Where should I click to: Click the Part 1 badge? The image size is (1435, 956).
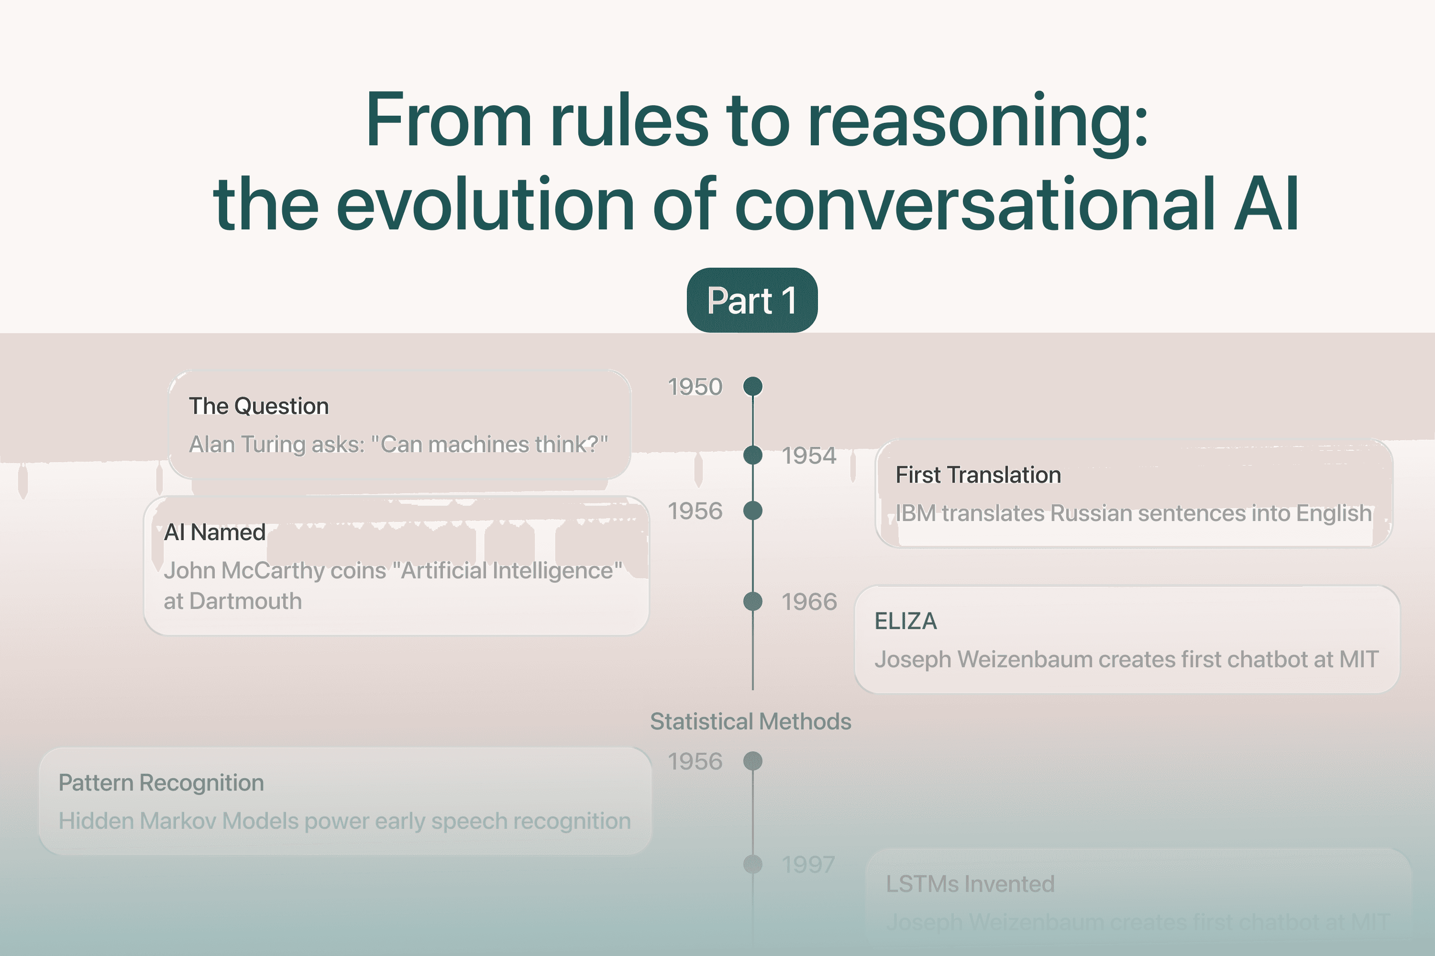(751, 301)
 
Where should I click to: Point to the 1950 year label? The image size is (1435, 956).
(695, 387)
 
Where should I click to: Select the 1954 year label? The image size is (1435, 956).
(809, 456)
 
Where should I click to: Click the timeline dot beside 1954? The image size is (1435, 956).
(753, 456)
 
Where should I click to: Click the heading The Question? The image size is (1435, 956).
(259, 406)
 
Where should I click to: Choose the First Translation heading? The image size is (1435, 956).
(978, 475)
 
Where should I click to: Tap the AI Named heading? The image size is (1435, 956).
(215, 532)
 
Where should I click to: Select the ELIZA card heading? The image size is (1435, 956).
(905, 621)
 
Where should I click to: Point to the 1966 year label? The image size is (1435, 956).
(809, 602)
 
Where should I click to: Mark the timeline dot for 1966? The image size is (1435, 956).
(753, 602)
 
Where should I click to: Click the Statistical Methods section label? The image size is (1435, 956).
(751, 721)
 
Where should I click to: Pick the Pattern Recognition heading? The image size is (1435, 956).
(161, 783)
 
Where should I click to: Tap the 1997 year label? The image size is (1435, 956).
(808, 865)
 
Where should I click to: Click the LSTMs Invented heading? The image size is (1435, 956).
(970, 884)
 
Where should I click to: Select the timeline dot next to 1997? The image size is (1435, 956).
(753, 864)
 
